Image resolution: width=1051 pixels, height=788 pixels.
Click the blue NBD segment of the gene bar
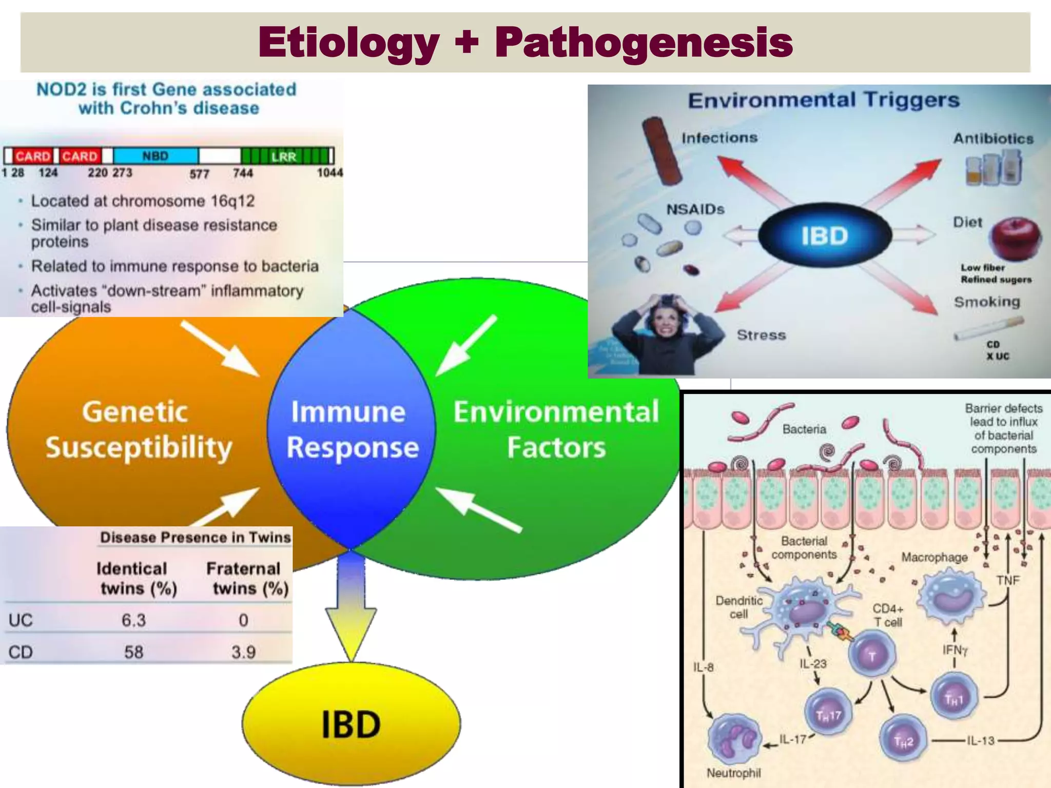coord(155,155)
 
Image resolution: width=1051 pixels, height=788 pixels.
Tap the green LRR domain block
coord(286,156)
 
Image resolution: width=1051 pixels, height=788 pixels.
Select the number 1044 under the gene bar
coord(329,172)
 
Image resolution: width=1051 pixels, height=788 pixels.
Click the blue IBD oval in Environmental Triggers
coord(824,235)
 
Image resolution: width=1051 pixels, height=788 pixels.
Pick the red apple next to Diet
coord(1015,238)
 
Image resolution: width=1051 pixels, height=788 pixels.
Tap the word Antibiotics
coord(993,139)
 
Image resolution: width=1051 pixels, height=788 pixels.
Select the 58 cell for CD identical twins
coord(134,652)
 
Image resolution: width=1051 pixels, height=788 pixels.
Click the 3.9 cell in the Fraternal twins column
coord(243,652)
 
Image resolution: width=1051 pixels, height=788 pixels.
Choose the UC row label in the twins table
coord(21,620)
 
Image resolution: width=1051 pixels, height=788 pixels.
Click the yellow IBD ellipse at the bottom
coord(351,724)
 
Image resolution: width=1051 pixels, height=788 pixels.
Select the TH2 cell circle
coord(903,741)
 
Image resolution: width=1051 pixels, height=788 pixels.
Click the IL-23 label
coord(813,664)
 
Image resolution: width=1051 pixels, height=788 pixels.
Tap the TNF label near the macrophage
coord(1007,580)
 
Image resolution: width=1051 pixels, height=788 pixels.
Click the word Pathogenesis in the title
coord(644,42)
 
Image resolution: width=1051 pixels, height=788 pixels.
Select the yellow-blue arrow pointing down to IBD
coord(351,605)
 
